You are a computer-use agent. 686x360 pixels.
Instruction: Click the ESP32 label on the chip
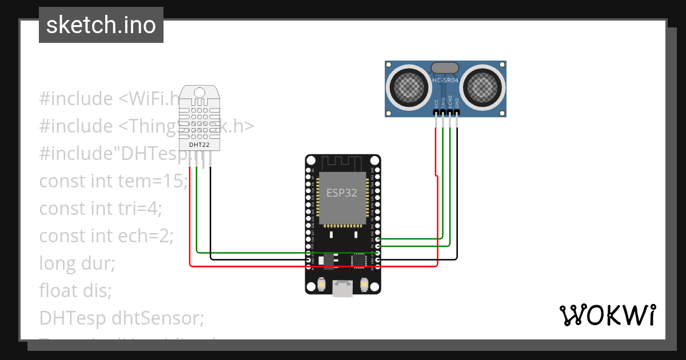[342, 193]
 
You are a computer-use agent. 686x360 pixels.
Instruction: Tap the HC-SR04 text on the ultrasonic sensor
[445, 80]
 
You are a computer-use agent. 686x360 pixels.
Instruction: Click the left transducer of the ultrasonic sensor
[409, 87]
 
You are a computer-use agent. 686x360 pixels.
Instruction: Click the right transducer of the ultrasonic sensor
[484, 87]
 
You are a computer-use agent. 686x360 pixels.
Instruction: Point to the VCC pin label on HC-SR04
[436, 103]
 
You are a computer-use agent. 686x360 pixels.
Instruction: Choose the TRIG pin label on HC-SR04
[443, 102]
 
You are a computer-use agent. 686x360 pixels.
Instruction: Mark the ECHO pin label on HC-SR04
[450, 102]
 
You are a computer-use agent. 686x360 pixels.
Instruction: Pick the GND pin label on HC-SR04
[457, 103]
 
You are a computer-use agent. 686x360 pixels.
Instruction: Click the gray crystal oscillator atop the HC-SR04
[445, 68]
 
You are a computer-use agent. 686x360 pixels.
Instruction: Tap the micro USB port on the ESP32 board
[342, 289]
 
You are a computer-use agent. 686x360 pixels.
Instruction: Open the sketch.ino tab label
[101, 25]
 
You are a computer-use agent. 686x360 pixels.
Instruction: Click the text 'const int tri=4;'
[101, 208]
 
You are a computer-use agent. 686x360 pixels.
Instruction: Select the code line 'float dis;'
[75, 290]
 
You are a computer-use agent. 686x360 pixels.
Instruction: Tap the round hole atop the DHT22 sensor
[199, 93]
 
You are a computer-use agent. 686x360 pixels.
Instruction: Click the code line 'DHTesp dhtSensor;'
[121, 318]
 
